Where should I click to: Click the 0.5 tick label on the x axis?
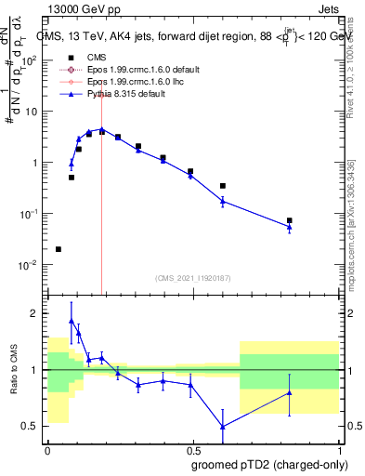(192, 449)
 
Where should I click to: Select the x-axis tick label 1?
(338, 449)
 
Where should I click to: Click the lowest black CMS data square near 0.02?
(59, 249)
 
